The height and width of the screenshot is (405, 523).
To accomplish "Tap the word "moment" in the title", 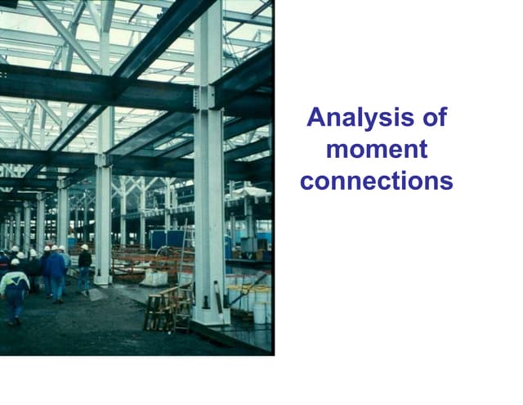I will [376, 150].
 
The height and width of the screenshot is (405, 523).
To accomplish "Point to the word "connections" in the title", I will [376, 181].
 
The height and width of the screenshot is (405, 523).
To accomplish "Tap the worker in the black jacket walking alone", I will [84, 268].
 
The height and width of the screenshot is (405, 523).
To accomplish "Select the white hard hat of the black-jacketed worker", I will [84, 247].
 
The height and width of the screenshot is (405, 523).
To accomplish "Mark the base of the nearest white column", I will [209, 315].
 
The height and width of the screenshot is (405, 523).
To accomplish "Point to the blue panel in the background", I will [168, 239].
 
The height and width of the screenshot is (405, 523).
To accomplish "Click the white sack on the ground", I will [154, 277].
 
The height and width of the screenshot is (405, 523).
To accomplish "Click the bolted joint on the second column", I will [103, 160].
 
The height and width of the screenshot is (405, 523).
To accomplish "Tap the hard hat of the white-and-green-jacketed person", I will [14, 263].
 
